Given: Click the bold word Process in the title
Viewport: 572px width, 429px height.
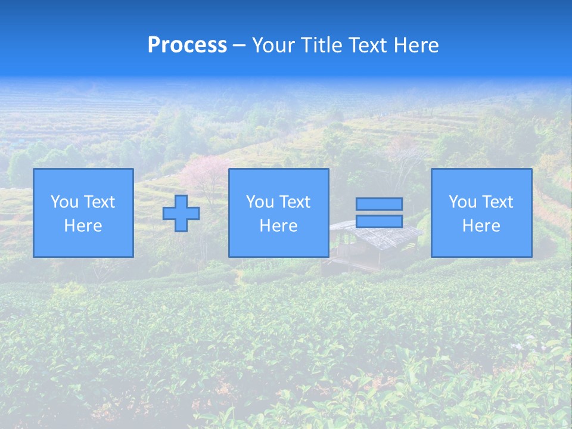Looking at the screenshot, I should click(187, 45).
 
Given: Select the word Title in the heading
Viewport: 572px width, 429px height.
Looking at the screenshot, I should click(321, 45).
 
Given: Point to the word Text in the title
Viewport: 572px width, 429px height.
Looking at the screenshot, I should click(368, 45).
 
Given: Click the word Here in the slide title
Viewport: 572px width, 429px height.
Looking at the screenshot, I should click(417, 45).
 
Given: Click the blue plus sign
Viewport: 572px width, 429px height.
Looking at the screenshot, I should click(181, 213).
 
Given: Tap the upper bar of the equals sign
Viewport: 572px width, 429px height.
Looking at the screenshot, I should click(379, 204).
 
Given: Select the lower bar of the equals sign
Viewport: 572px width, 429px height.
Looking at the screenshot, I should click(379, 222).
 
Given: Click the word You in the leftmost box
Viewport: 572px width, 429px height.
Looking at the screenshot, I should click(64, 202).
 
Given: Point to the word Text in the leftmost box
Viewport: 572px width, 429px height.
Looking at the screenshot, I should click(100, 202).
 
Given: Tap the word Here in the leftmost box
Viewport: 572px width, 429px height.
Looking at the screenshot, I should click(83, 226).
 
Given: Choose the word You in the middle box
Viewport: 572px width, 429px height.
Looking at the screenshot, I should click(259, 202).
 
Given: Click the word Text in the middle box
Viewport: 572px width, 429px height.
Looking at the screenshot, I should click(295, 202).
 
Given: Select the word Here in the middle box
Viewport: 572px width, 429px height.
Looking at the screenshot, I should click(278, 226).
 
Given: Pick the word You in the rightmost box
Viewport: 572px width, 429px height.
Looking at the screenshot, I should click(462, 202).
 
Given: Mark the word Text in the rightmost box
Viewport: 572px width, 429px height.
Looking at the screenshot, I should click(498, 202).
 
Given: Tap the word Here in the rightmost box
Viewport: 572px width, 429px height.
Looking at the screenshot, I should click(481, 226).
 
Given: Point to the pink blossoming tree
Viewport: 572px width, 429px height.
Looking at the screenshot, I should click(200, 173).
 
